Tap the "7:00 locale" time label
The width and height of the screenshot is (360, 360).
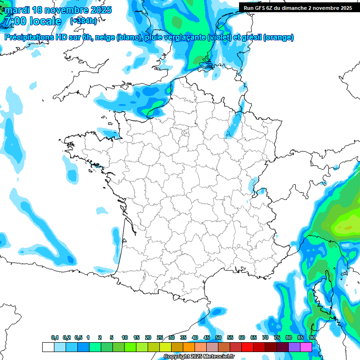(32, 22)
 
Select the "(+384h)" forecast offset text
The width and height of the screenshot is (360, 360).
(83, 21)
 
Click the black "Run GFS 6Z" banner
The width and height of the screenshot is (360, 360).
(298, 7)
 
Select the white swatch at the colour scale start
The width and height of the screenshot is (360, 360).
(48, 347)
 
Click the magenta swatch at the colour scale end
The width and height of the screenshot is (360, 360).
(306, 347)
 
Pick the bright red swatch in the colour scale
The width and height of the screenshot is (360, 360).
(247, 347)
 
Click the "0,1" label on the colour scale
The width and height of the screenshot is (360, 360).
(55, 337)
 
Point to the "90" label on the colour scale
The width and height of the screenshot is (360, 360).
(312, 337)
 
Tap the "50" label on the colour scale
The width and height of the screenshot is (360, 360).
(218, 337)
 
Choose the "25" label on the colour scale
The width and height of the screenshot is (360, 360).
(160, 337)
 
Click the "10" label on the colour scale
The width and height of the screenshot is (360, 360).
(125, 337)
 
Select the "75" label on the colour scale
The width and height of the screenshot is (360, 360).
(277, 337)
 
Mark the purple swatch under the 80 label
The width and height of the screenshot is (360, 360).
(294, 347)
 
